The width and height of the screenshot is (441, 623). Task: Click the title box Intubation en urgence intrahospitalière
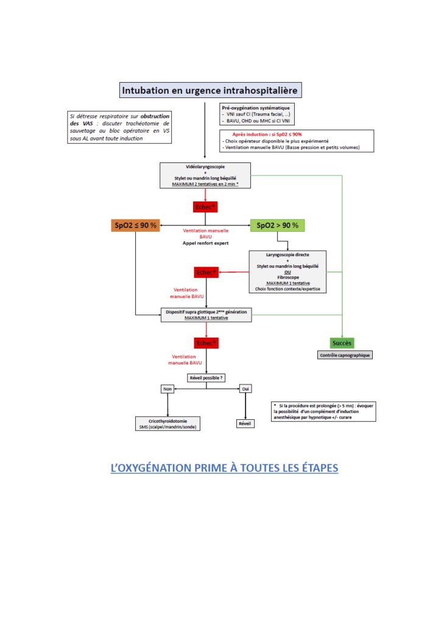(x=210, y=91)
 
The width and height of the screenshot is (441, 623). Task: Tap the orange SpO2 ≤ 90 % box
(x=135, y=225)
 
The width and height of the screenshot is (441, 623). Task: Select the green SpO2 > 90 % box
(x=277, y=225)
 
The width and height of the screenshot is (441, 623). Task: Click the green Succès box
(x=343, y=343)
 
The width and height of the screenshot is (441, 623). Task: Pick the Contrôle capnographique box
(x=345, y=355)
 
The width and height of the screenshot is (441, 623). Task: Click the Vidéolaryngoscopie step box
(x=205, y=175)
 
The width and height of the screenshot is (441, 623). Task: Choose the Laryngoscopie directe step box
(x=288, y=271)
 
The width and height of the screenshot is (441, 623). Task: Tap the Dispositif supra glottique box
(x=206, y=315)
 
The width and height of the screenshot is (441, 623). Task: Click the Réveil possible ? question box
(x=206, y=378)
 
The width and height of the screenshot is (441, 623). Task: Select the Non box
(x=167, y=389)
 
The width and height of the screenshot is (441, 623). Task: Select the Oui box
(x=245, y=389)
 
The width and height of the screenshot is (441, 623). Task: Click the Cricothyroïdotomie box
(x=167, y=423)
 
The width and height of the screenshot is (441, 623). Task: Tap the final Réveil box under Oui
(x=245, y=423)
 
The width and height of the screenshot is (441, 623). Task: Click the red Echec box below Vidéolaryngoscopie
(x=205, y=207)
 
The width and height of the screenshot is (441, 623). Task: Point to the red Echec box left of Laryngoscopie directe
(x=206, y=272)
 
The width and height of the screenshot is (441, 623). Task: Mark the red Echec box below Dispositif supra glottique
(x=206, y=343)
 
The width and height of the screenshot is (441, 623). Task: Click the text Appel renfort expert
(x=205, y=243)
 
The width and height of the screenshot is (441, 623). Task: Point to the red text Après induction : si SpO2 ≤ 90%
(x=267, y=134)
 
